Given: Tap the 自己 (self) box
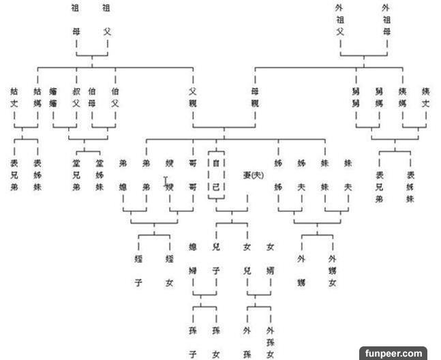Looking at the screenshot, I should tap(216, 175).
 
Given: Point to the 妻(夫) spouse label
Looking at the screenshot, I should tap(252, 175).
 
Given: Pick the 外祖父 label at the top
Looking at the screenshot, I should tap(339, 20).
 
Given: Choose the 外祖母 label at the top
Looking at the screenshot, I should tap(387, 20).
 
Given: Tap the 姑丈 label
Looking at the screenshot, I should tap(14, 97).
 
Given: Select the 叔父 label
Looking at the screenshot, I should tap(76, 97).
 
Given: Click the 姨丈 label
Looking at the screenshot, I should tap(425, 97).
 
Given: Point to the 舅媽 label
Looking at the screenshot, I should tap(378, 97).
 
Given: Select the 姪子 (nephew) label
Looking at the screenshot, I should tap(138, 270).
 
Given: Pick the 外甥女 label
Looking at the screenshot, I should tap(332, 270).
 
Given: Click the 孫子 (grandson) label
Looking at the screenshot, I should tap(193, 342).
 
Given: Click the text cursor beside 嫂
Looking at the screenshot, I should tap(166, 181).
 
